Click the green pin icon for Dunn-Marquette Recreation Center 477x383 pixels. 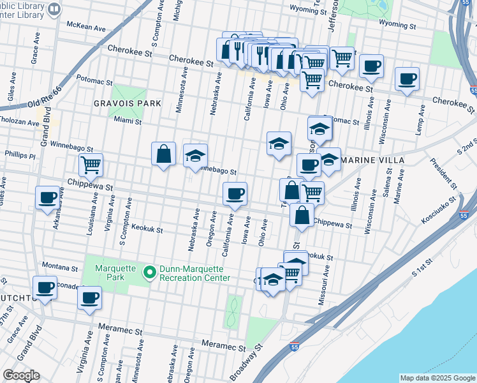[x=150, y=273]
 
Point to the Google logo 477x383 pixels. [x=21, y=375]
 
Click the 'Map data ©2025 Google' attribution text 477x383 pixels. [x=437, y=378]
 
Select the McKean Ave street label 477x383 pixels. [x=86, y=27]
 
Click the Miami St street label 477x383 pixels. [x=127, y=119]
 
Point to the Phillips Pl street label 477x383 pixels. [x=20, y=154]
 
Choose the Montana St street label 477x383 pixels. [x=59, y=265]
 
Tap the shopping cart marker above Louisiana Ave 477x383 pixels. [x=91, y=165]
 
